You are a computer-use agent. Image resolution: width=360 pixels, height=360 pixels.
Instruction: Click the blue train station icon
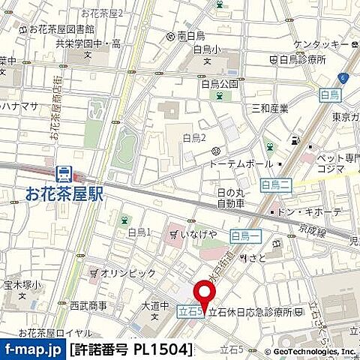[65, 174]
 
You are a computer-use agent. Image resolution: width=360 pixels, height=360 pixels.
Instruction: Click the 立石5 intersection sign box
[190, 309]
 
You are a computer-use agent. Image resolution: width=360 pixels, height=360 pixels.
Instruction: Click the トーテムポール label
[241, 163]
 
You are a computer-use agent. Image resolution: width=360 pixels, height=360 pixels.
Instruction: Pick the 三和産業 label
[270, 108]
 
